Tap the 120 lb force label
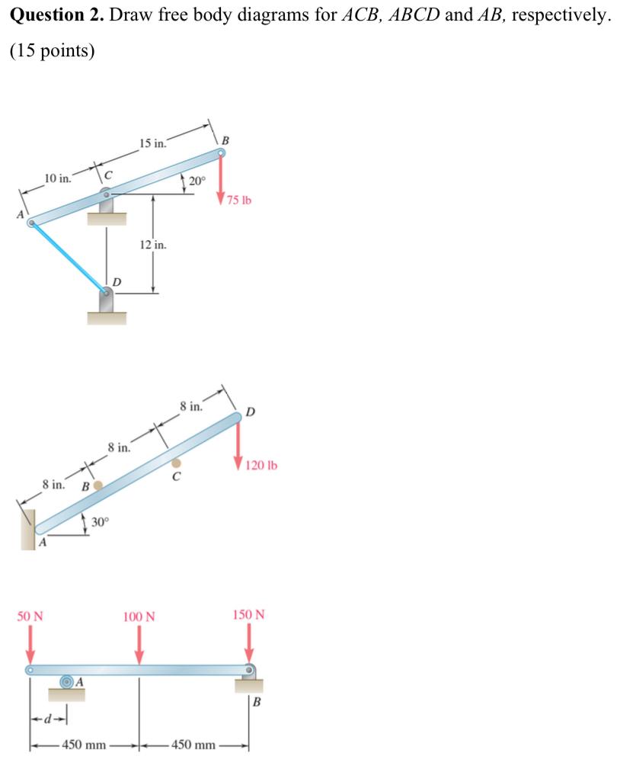click(x=262, y=465)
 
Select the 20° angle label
click(x=197, y=181)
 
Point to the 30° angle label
click(x=101, y=522)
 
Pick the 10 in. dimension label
click(x=58, y=178)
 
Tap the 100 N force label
click(x=139, y=616)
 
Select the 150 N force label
click(x=249, y=614)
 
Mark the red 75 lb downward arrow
click(x=222, y=180)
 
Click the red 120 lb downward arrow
click(x=239, y=447)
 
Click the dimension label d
click(x=48, y=719)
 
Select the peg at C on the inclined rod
click(x=177, y=463)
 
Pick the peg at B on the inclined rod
click(x=97, y=485)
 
